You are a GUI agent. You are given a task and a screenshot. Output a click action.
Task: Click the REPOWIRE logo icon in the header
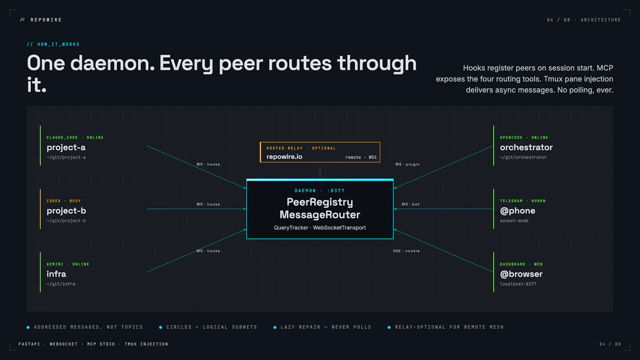point(22,20)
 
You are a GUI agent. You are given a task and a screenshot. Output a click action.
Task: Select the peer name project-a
point(66,148)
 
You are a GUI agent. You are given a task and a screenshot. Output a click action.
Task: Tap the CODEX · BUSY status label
point(64,201)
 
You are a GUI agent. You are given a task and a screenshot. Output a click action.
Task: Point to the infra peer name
point(56,274)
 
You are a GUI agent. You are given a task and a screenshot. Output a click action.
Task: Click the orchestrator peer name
point(526,148)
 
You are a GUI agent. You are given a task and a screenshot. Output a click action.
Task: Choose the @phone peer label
point(518,211)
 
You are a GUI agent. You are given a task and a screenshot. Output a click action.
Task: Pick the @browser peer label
point(521,274)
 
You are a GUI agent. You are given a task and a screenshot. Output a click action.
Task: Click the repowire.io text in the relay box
point(284,157)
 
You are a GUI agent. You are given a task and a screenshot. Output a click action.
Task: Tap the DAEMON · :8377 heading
point(320,190)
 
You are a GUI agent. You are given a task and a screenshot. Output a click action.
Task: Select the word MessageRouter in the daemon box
point(320,214)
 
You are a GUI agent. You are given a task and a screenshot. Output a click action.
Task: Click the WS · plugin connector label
point(408,164)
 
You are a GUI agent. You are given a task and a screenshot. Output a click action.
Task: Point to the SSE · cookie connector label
point(406,251)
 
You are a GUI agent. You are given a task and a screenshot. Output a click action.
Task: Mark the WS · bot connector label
point(410,204)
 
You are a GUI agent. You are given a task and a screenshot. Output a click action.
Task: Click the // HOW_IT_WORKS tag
point(53,44)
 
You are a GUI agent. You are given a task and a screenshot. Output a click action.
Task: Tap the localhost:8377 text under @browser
point(518,284)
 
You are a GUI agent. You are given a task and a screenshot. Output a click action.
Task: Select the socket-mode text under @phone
point(514,220)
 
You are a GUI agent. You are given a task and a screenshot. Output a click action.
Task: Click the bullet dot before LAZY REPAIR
point(275,328)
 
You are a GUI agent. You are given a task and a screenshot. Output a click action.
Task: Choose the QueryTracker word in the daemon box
point(291,228)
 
